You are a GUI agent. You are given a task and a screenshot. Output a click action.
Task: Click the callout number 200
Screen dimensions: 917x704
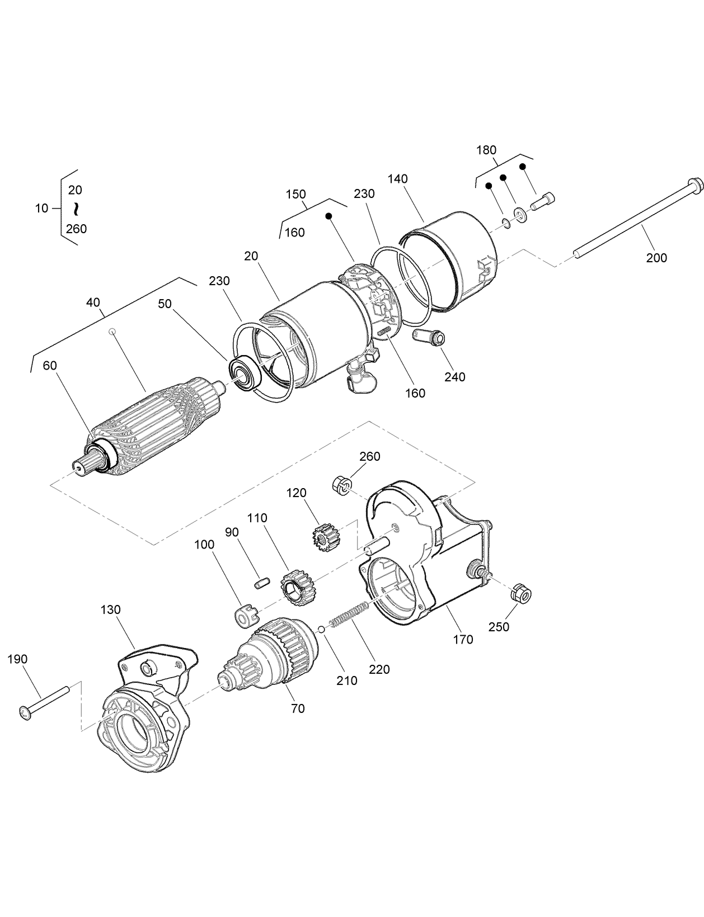pos(656,258)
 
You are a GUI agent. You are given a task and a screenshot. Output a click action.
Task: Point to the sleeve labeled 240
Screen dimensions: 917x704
pos(429,337)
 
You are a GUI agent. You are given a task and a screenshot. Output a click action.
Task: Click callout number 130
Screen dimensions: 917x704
pos(110,609)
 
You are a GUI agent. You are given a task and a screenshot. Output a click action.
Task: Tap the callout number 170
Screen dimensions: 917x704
pos(463,639)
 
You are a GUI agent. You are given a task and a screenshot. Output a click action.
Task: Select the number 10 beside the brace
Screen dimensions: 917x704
pos(41,209)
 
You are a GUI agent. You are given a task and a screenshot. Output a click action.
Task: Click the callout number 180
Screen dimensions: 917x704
pos(486,150)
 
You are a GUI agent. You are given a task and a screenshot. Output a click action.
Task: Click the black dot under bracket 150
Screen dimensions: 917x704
pos(329,216)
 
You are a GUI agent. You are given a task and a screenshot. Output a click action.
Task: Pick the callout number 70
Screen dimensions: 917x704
pos(298,708)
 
